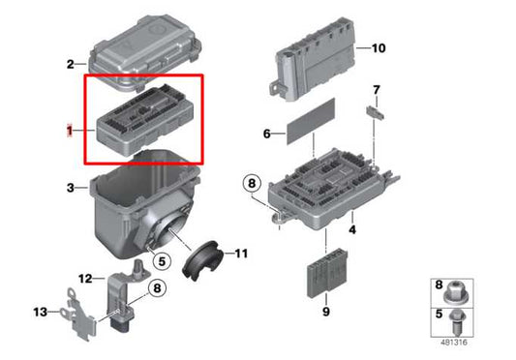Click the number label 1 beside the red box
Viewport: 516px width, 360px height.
(x=69, y=129)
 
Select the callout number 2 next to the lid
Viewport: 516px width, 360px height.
(x=70, y=64)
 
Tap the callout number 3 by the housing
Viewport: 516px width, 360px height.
(x=70, y=187)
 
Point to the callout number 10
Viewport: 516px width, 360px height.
(x=378, y=47)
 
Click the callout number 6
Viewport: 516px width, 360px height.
(x=266, y=135)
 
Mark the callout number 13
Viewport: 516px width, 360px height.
(x=40, y=312)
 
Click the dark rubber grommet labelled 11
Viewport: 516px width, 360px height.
(x=200, y=258)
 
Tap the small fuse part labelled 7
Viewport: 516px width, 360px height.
(x=374, y=112)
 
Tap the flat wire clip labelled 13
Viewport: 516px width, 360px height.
(x=74, y=307)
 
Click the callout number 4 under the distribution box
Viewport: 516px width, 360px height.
(x=352, y=229)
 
